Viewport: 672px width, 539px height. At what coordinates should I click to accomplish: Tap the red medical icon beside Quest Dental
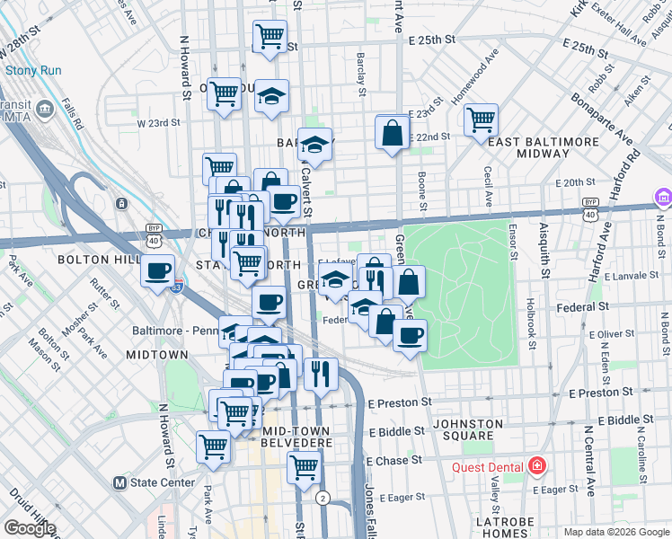pos(537,465)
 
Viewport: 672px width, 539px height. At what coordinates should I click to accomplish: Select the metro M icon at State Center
pos(119,482)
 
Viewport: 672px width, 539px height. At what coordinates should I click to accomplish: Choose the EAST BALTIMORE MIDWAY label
pos(544,147)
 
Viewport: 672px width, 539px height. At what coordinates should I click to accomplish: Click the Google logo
pos(30,528)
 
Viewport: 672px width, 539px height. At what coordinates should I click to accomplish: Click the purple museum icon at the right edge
pos(664,197)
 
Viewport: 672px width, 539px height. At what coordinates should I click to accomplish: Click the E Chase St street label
pos(394,460)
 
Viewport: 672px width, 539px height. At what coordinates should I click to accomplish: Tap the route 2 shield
pos(323,498)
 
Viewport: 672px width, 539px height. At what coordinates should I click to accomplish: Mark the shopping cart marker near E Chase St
pos(305,466)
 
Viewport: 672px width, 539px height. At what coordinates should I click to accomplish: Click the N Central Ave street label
pos(589,458)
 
